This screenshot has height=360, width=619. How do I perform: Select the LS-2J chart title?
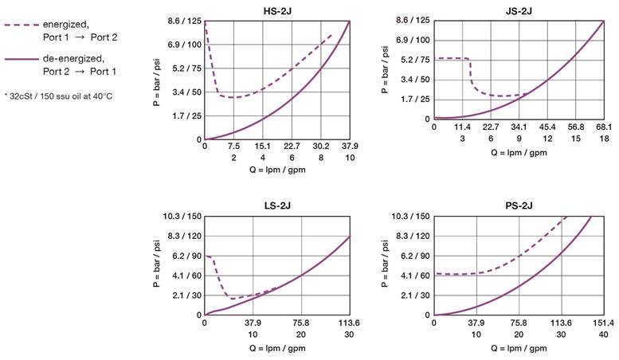[277, 205]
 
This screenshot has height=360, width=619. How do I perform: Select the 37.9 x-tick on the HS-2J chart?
[350, 147]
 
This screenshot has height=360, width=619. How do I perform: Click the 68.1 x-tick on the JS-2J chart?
[603, 127]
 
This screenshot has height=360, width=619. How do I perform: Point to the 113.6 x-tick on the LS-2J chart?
[350, 323]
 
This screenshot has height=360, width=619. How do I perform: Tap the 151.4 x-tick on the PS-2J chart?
[603, 323]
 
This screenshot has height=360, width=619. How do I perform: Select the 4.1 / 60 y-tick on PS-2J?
[413, 276]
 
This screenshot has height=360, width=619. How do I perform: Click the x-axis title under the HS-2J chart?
[277, 170]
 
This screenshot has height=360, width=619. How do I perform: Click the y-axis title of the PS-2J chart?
[385, 265]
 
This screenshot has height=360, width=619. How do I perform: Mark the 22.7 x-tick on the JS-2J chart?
[491, 127]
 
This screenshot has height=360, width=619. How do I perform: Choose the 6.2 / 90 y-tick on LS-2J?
[183, 256]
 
